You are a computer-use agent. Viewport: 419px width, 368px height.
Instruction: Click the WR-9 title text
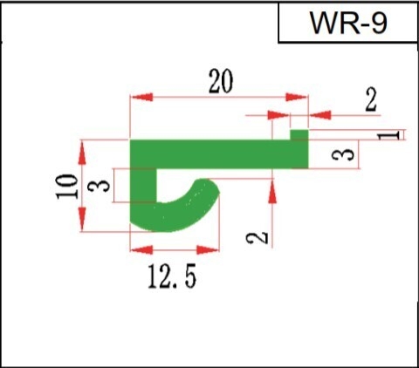pos(348,23)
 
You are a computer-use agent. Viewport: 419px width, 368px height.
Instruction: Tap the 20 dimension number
pos(221,81)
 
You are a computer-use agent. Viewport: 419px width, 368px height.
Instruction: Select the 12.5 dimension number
pos(172,276)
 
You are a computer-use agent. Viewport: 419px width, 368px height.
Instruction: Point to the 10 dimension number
pos(67,187)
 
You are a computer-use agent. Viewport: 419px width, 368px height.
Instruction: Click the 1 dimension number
pos(388,135)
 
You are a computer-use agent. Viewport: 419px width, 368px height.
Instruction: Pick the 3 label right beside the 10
pos(99,186)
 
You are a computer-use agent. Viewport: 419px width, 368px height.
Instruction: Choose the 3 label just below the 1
pos(343,154)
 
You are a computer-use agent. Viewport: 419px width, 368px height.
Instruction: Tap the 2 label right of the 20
pos(371,100)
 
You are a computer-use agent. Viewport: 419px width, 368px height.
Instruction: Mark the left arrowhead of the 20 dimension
pos(141,97)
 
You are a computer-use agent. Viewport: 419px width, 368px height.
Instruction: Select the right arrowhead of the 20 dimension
pos(297,97)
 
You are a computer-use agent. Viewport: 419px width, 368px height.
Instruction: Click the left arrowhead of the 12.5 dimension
pos(141,249)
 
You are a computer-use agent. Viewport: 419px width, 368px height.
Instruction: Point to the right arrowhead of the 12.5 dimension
pos(208,249)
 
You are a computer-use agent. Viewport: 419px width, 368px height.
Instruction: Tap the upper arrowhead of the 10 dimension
pos(82,153)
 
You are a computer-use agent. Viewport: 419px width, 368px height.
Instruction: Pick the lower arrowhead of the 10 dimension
pos(82,219)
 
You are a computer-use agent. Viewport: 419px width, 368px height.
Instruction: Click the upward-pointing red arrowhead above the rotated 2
pos(272,192)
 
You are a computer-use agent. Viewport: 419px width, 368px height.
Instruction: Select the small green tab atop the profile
pos(299,135)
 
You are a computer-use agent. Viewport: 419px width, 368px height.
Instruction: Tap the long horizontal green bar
pos(219,154)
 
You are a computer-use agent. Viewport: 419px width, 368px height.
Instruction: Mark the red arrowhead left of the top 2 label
pos(278,115)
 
